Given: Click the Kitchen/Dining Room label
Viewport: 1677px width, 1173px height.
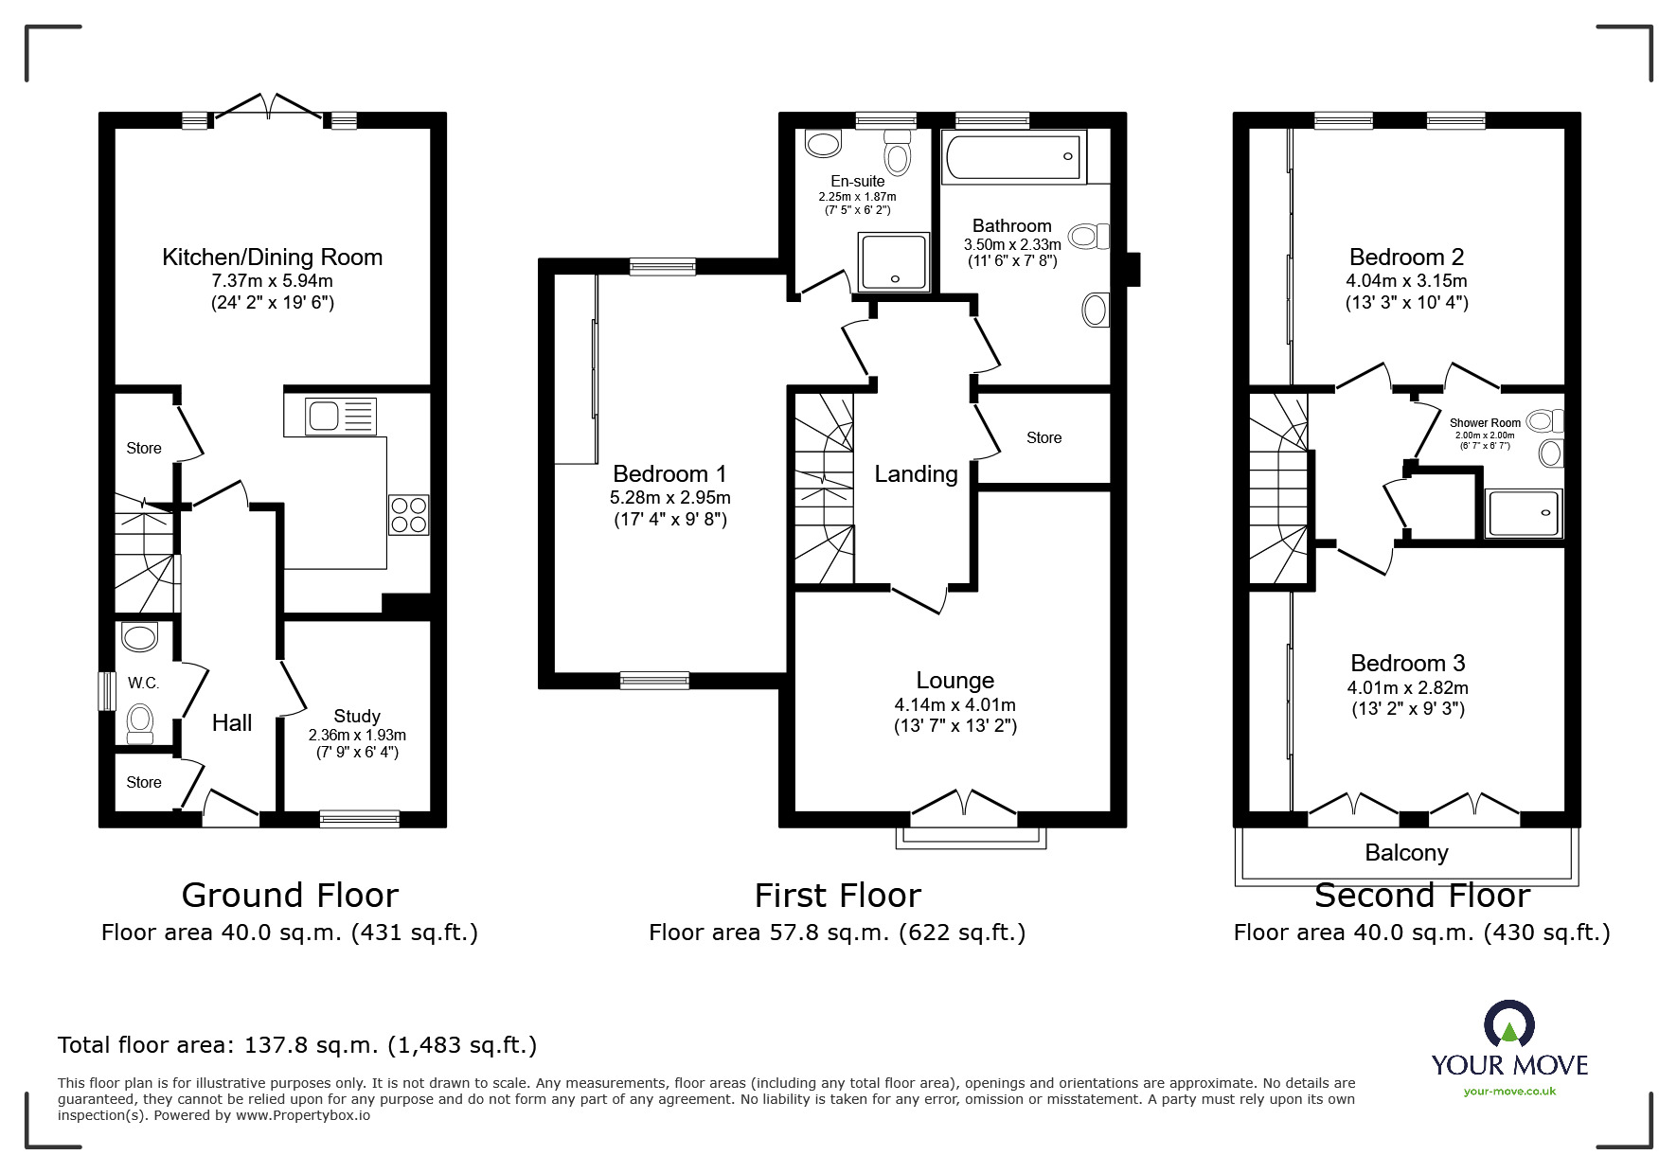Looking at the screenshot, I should pos(272,257).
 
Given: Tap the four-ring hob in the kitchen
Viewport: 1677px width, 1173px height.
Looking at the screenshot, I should pos(408,514).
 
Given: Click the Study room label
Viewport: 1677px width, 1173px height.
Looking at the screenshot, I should pos(357,717).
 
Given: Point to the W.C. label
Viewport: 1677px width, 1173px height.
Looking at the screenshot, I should pos(143,683).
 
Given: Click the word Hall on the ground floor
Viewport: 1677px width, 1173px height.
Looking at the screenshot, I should pos(232,723).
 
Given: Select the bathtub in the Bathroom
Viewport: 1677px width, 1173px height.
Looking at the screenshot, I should pos(1012,156).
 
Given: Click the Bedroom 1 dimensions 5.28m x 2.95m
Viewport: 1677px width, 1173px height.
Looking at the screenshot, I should pos(669,497).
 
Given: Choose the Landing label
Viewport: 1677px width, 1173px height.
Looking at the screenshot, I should pos(916,474).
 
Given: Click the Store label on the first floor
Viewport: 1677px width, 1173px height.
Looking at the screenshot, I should pos(1044,437).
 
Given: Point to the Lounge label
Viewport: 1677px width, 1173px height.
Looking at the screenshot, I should pos(954,680).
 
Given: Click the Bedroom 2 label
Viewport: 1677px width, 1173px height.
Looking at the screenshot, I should pos(1406,257).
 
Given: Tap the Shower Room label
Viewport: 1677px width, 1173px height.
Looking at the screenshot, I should pos(1485,423).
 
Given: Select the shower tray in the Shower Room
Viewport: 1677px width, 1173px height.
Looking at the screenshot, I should pos(1524,513).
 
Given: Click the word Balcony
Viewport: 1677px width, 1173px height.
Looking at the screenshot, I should pos(1406,853).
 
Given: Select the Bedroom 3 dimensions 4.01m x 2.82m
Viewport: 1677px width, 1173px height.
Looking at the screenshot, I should pos(1407,687).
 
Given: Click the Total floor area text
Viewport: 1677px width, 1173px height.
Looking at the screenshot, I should pos(297,1045).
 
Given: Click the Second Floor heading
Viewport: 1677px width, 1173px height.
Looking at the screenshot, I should pos(1421,896).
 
